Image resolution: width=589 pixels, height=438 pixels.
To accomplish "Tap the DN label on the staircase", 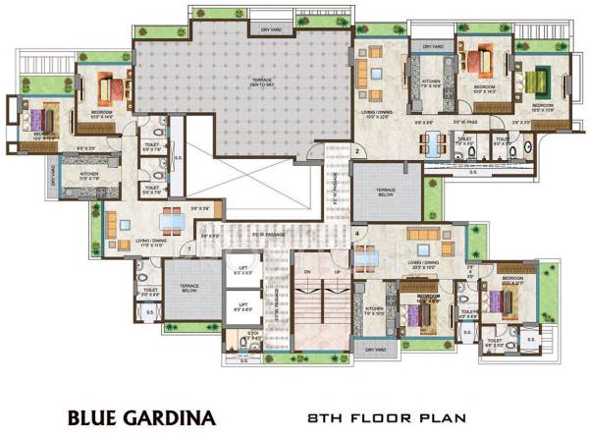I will point(305,273).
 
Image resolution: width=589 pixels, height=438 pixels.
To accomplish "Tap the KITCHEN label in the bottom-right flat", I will point(375,311).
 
